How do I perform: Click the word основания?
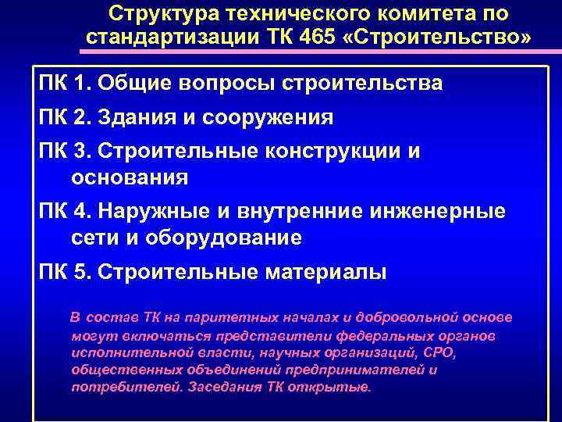[x=129, y=177]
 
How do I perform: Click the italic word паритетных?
[x=224, y=318]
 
